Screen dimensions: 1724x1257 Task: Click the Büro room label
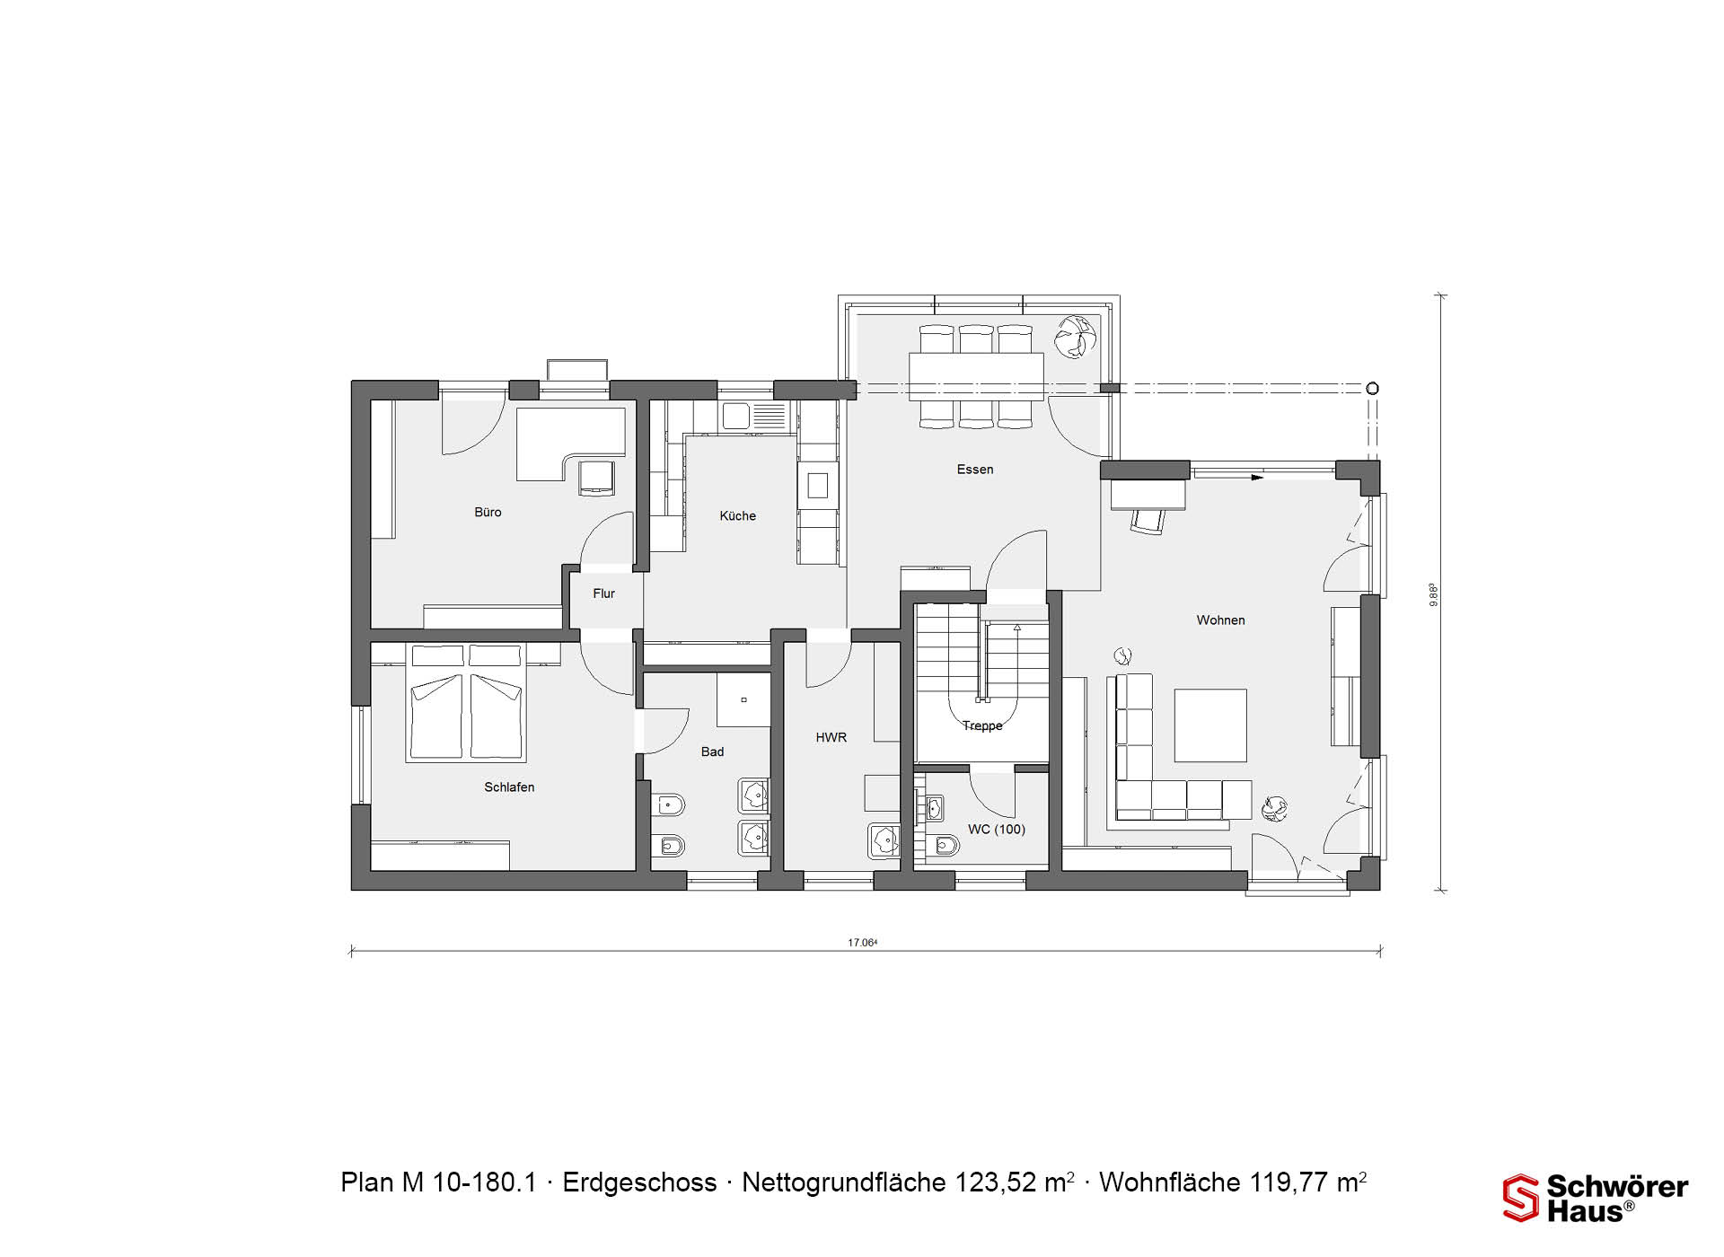point(488,512)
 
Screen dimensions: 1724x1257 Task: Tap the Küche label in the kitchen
point(737,515)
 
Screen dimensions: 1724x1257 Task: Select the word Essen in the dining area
point(975,469)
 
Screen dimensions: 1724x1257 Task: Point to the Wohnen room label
point(1220,620)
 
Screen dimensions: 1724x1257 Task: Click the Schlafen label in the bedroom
point(509,787)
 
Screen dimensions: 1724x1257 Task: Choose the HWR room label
point(831,737)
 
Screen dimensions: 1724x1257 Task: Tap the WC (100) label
point(996,829)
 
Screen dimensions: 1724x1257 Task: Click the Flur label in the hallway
point(603,593)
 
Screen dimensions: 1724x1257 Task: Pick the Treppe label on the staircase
point(982,725)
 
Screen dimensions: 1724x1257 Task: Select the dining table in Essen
point(976,376)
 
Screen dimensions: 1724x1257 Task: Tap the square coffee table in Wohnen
point(1210,725)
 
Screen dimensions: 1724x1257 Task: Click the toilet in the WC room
point(946,846)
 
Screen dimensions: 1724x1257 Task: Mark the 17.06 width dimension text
point(862,943)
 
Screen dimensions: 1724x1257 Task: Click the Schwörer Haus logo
point(1596,1199)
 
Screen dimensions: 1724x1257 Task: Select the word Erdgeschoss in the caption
point(639,1182)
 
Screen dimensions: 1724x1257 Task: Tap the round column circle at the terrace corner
point(1372,389)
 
